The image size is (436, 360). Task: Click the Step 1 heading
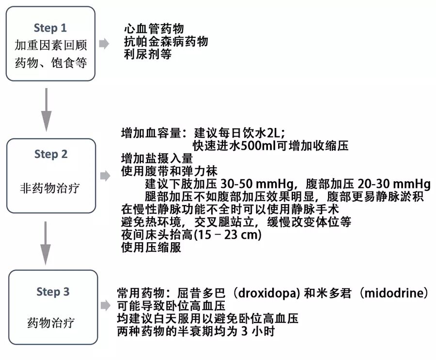50,28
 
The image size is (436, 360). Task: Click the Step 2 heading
51,155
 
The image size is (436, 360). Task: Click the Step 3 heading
53,292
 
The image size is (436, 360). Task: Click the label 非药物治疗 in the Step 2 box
50,188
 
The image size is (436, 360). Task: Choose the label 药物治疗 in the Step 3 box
51,323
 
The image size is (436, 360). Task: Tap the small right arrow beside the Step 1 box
104,44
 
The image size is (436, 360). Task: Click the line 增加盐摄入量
157,158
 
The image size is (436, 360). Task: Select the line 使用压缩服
151,248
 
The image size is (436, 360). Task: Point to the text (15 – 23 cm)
228,235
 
